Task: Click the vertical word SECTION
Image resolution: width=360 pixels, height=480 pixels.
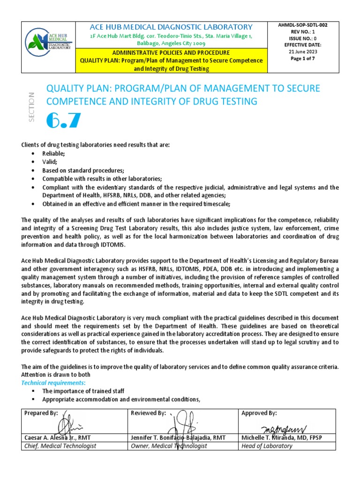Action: pyautogui.click(x=32, y=107)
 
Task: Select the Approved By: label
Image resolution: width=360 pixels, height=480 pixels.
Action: pyautogui.click(x=259, y=413)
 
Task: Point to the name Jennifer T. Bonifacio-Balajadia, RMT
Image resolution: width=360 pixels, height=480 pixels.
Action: pyautogui.click(x=178, y=437)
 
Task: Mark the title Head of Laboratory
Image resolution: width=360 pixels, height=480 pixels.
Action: pyautogui.click(x=267, y=446)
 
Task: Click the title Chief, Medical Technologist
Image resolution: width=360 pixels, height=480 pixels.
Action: pyautogui.click(x=60, y=446)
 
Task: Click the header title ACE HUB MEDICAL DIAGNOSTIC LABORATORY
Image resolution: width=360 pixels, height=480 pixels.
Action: pyautogui.click(x=171, y=27)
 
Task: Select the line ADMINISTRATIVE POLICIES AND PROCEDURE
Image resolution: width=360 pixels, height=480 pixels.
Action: pyautogui.click(x=171, y=52)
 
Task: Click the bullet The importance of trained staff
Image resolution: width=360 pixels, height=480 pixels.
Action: pyautogui.click(x=83, y=390)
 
